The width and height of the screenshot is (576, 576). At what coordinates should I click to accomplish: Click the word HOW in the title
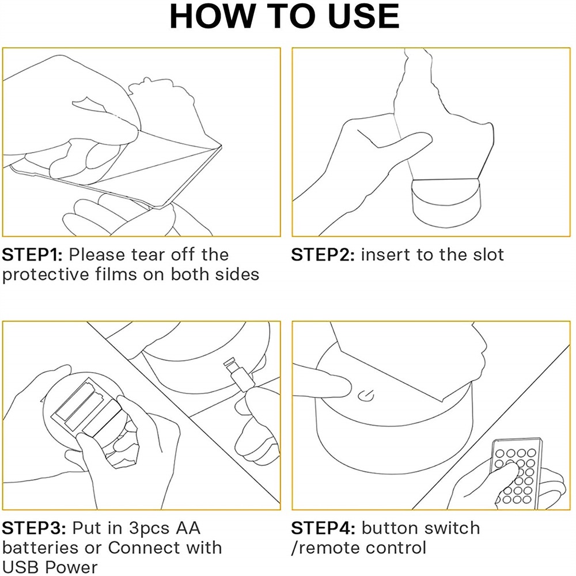coord(212,16)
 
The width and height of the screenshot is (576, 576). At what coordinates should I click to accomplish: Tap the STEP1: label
coord(32,255)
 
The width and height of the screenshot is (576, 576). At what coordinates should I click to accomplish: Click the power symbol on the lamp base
coord(366,396)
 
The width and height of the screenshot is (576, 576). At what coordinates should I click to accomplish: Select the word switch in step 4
coord(452,528)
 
